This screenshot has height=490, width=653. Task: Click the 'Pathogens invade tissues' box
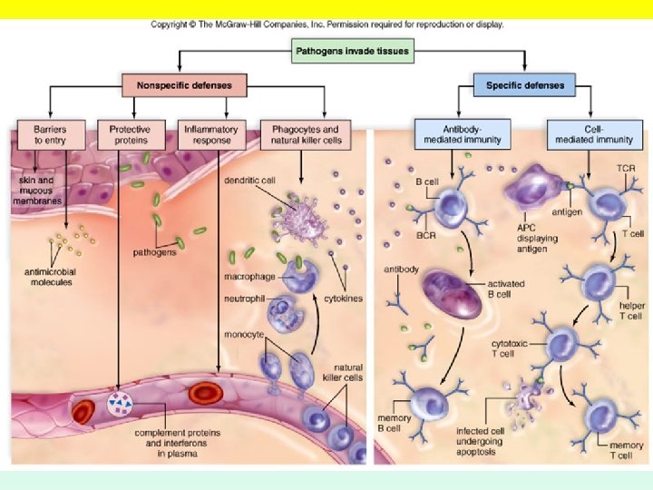[353, 52]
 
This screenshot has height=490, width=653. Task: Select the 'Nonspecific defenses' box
[184, 86]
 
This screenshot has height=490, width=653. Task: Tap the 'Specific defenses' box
[525, 86]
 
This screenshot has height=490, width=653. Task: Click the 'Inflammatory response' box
[211, 135]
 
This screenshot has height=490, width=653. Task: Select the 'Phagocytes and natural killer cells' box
[305, 135]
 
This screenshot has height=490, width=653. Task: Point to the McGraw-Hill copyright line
[326, 24]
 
